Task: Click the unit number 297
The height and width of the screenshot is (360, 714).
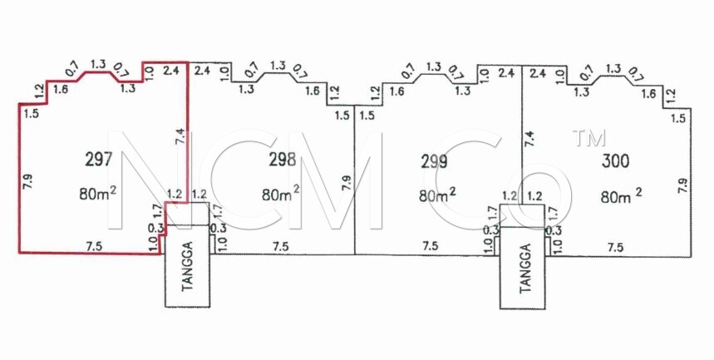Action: pyautogui.click(x=98, y=159)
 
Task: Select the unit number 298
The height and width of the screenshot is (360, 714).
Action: pyautogui.click(x=283, y=160)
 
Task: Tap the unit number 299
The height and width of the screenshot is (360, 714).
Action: pyautogui.click(x=433, y=160)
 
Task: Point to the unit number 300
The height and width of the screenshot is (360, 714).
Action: pyautogui.click(x=616, y=160)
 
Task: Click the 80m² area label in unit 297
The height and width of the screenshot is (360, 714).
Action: pyautogui.click(x=97, y=193)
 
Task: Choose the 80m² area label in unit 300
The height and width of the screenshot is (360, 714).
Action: pyautogui.click(x=621, y=196)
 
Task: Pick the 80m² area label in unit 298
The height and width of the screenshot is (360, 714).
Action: pyautogui.click(x=280, y=193)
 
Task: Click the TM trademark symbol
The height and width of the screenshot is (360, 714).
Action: pyautogui.click(x=589, y=138)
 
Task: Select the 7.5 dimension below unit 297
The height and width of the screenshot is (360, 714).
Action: pyautogui.click(x=94, y=246)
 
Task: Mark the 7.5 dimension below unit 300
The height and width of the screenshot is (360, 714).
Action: pyautogui.click(x=615, y=248)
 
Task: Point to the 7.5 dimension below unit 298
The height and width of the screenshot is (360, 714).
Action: pyautogui.click(x=280, y=246)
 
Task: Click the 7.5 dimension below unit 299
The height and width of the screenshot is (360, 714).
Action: pyautogui.click(x=431, y=246)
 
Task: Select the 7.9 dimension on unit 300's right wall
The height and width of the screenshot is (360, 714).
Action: pyautogui.click(x=682, y=185)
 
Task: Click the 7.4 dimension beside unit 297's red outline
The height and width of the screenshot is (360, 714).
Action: pyautogui.click(x=180, y=136)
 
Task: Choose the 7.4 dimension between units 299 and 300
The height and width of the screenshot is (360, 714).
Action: pyautogui.click(x=529, y=138)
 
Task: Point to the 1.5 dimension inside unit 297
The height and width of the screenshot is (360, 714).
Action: pyautogui.click(x=31, y=113)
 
